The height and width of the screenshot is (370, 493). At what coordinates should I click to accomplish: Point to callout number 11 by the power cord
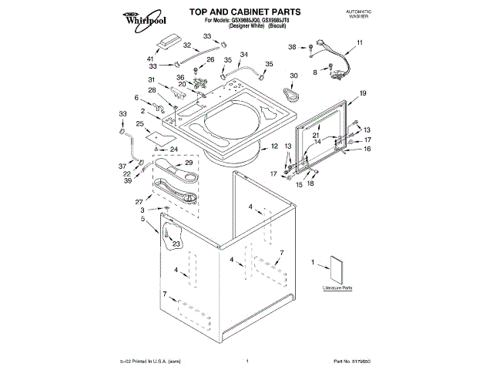(359, 45)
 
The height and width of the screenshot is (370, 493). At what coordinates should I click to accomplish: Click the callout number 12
(274, 146)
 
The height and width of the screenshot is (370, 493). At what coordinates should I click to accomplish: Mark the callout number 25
(140, 124)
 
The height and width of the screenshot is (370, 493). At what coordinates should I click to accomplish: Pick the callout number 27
(139, 202)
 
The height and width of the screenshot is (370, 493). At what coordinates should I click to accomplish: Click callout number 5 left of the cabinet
(143, 219)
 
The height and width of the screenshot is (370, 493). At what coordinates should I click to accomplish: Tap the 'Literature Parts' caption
(337, 289)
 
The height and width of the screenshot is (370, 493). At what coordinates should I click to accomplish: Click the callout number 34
(244, 54)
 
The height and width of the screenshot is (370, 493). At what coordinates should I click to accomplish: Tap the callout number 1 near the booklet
(313, 263)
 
